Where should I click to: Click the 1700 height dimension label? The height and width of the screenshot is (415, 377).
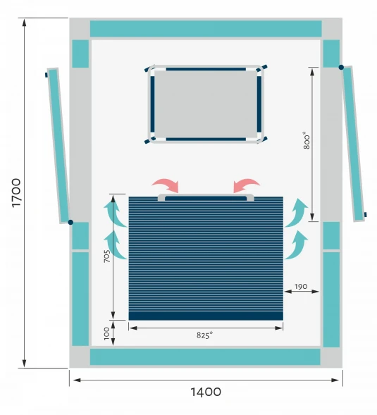pos(16,193)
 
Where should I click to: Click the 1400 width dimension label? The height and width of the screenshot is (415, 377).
pos(206,392)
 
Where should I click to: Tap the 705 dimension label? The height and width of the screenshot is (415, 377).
pos(107,256)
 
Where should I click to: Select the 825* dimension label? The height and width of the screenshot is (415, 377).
pos(204,335)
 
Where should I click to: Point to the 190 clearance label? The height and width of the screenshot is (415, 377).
pos(301,286)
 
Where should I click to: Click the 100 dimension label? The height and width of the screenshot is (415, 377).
pos(106,333)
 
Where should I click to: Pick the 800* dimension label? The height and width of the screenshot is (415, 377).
pos(307,140)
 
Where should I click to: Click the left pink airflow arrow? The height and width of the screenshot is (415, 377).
pos(166,185)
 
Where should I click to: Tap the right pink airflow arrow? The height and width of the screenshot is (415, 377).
pos(245,185)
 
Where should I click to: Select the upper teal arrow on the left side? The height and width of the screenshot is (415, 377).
pos(114,213)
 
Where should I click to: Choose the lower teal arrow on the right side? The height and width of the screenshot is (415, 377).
pos(296,245)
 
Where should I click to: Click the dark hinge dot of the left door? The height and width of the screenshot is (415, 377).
pos(70,223)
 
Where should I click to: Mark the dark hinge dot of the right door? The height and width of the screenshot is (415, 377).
pos(341,68)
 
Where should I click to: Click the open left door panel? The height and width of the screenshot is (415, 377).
pos(58,146)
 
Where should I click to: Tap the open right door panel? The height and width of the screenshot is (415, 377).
pos(354,144)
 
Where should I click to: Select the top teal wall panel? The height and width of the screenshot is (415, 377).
pos(206,29)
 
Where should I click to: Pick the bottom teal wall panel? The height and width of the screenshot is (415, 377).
pos(205,357)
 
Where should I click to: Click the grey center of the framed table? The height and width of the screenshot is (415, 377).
pos(206,104)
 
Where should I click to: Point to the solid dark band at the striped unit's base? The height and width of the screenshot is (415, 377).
pos(206,316)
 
